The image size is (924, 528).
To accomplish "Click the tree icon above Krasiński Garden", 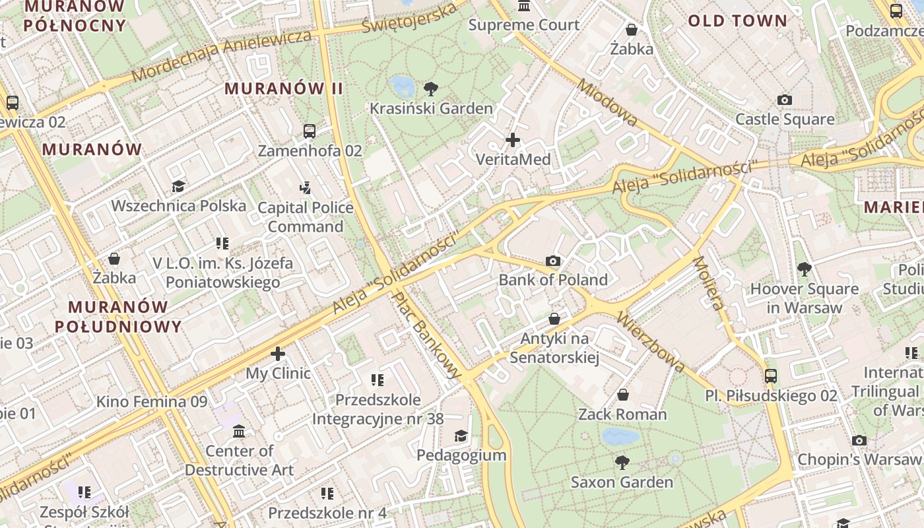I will [431, 88].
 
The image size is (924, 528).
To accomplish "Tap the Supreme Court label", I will [524, 25].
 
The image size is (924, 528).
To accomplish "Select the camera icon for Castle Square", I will [784, 100].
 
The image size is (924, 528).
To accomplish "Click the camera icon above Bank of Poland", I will [553, 261].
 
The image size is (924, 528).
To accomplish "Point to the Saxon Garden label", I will [622, 482].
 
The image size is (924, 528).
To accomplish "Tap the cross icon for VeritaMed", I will [512, 140].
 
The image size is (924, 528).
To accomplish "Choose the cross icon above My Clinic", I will [278, 354].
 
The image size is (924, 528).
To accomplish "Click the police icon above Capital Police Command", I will [305, 188].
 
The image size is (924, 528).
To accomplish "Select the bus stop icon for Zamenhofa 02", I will [310, 131].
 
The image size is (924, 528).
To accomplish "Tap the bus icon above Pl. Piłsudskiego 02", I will [770, 376].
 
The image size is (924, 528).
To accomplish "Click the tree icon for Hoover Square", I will [804, 269].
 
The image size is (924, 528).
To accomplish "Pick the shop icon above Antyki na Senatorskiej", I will [554, 319].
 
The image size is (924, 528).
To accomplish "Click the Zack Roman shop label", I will [622, 414].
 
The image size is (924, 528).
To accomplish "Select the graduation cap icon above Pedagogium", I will [461, 436].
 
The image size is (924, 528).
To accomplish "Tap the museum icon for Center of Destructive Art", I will [239, 432].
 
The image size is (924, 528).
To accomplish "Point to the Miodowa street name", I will [607, 103].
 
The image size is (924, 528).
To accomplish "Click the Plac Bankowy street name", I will [426, 335].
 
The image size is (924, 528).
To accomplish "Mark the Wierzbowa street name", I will [650, 342].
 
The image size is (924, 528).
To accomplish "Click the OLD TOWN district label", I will [738, 20].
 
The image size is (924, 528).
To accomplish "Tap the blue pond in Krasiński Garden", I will [401, 84].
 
